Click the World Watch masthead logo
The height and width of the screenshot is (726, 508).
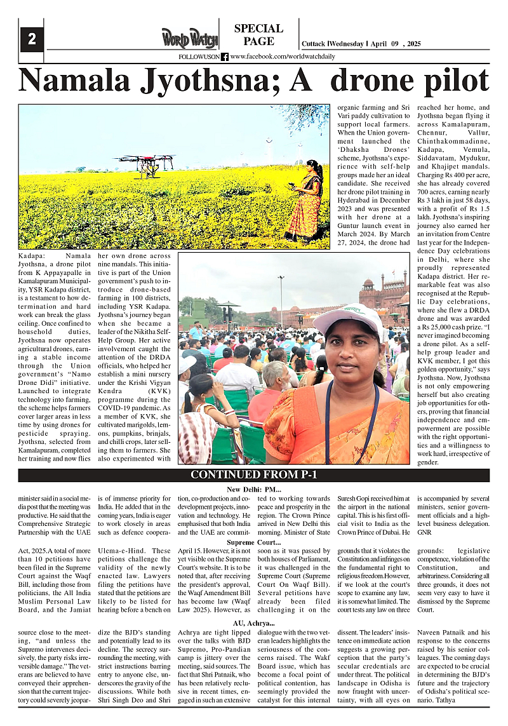[189, 38]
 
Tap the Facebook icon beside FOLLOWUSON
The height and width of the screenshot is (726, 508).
[225, 57]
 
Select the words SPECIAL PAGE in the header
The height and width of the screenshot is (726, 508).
[258, 35]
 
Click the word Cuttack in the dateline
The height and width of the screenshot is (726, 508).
[313, 44]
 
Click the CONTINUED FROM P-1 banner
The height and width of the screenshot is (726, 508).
[254, 475]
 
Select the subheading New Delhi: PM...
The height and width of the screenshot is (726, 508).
[254, 489]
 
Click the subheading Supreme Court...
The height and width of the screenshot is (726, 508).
[254, 542]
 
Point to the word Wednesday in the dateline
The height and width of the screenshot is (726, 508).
[347, 44]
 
